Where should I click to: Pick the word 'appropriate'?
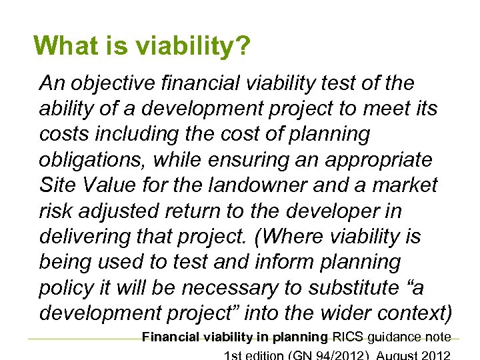pyautogui.click(x=377, y=160)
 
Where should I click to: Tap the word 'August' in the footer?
pyautogui.click(x=404, y=354)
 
